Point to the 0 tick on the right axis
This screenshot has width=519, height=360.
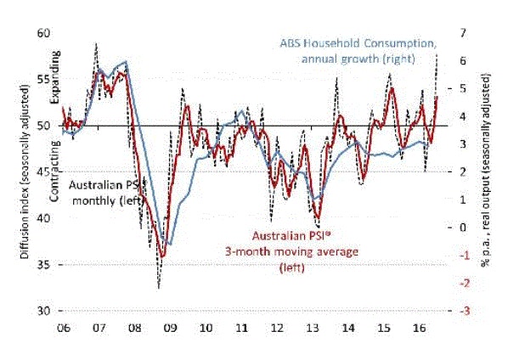coord(464,228)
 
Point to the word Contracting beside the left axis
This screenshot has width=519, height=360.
coord(54,161)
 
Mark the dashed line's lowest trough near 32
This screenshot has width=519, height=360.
coord(158,288)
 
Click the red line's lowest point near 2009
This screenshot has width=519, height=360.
coord(163,255)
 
